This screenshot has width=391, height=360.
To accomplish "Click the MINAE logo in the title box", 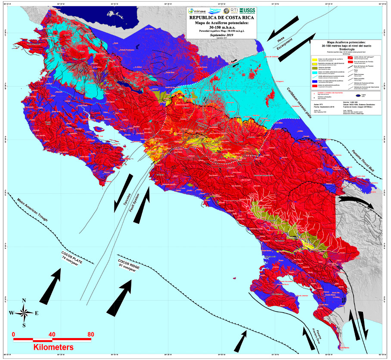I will (x=195, y=10).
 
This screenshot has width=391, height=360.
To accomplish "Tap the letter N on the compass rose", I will (x=24, y=301).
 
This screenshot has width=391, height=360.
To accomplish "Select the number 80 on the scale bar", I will (x=90, y=334).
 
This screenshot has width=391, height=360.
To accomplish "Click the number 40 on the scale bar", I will (x=52, y=334).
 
